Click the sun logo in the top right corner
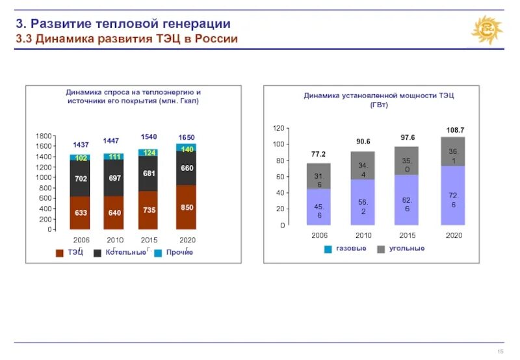(486, 31)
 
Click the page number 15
(500, 352)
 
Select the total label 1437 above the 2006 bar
(81, 144)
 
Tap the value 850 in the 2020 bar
(187, 207)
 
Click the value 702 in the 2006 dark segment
(81, 177)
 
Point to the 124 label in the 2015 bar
(149, 153)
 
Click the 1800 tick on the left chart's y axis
(44, 136)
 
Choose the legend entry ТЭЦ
(75, 252)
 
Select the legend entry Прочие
(179, 252)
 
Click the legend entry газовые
(351, 249)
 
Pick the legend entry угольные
(406, 249)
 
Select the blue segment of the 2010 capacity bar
(363, 202)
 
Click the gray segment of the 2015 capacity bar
(407, 161)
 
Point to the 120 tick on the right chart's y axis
(279, 128)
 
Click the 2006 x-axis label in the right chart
(318, 235)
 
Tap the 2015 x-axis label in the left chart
(149, 240)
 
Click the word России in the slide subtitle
(210, 39)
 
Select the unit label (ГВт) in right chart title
(379, 105)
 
